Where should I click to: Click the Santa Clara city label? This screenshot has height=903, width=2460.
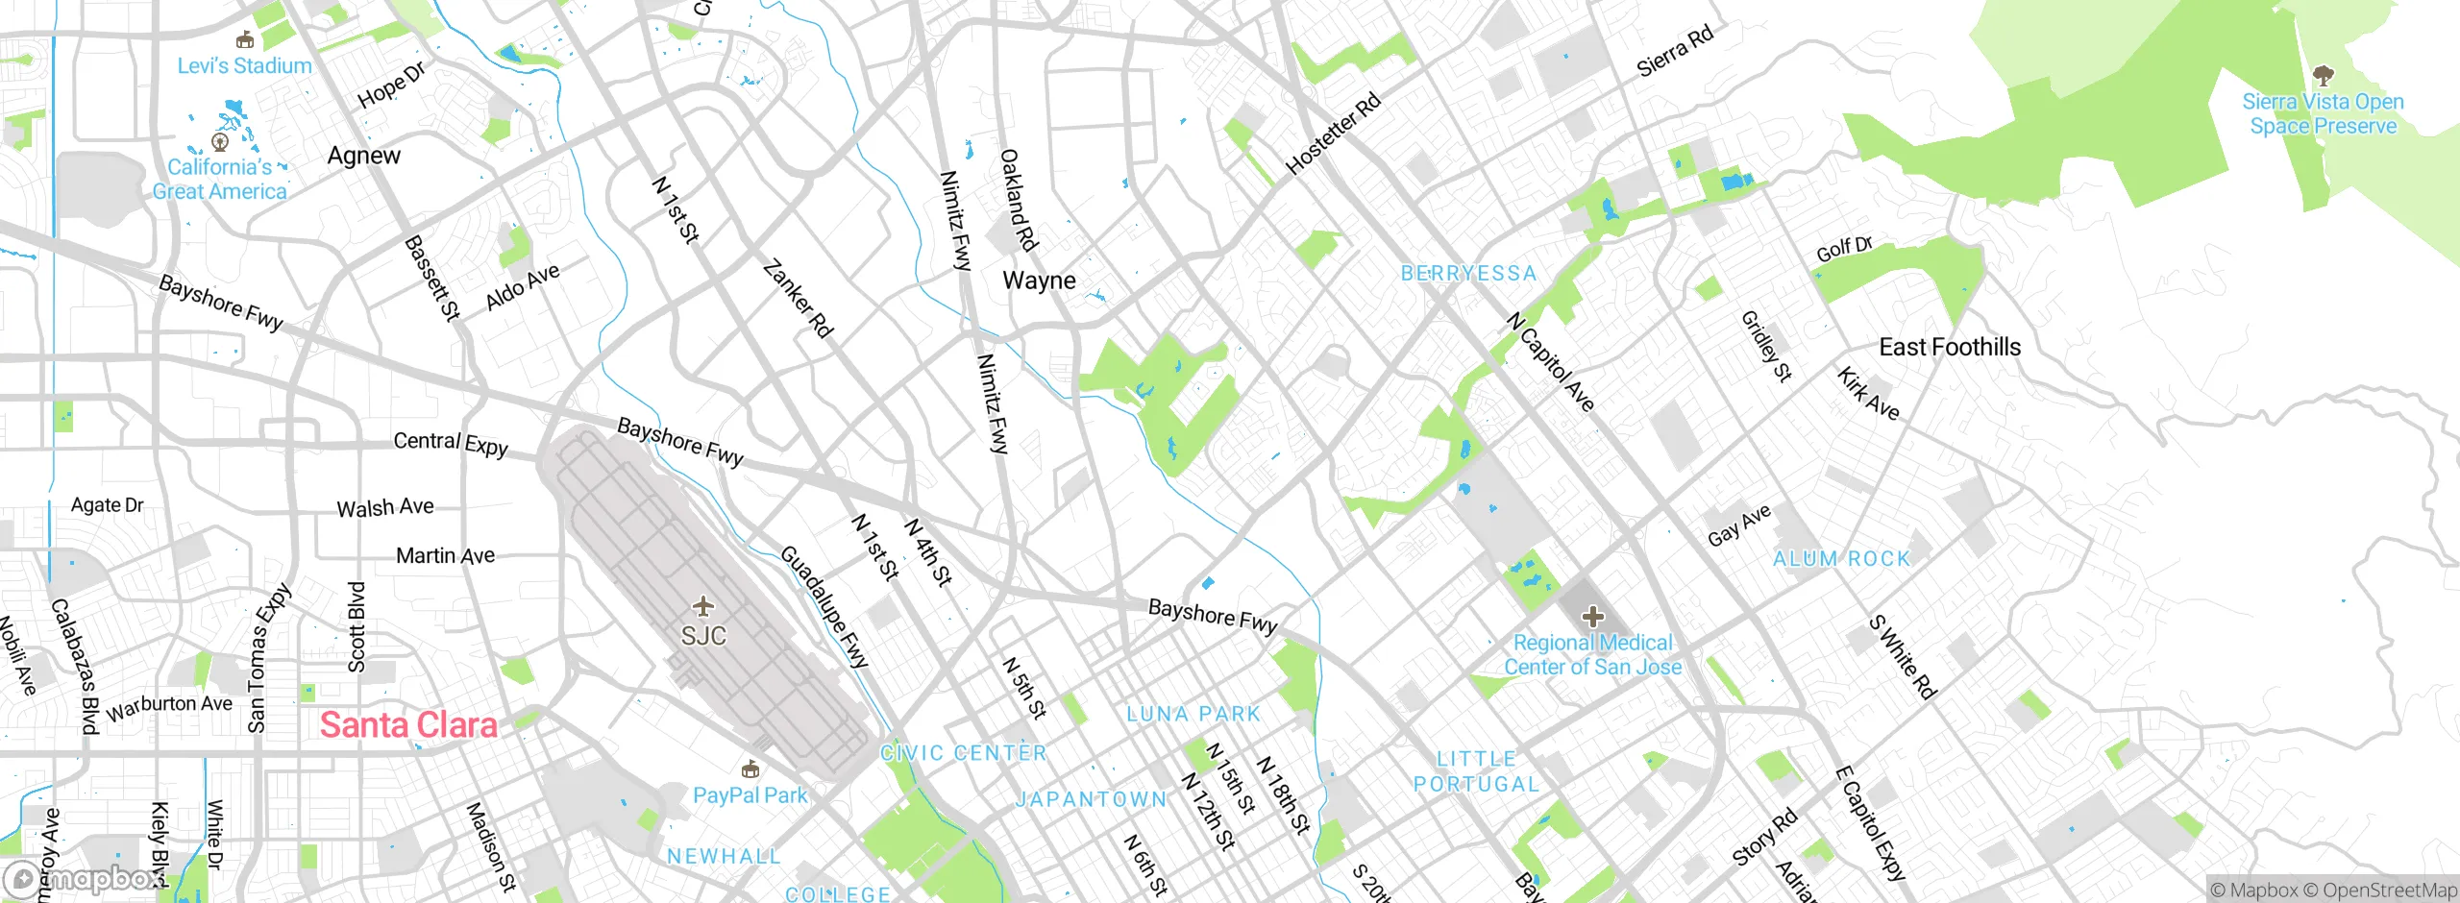pyautogui.click(x=408, y=725)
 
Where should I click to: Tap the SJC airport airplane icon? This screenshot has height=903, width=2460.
pyautogui.click(x=703, y=606)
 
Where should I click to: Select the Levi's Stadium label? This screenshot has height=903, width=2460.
pyautogui.click(x=244, y=65)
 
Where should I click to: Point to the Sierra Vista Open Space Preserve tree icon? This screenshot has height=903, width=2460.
pyautogui.click(x=2323, y=75)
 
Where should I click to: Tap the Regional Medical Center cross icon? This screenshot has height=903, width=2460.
pyautogui.click(x=1592, y=617)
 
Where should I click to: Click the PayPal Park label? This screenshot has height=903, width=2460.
pyautogui.click(x=750, y=795)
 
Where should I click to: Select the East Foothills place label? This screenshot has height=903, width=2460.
pyautogui.click(x=1950, y=347)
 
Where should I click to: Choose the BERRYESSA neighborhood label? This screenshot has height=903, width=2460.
pyautogui.click(x=1468, y=273)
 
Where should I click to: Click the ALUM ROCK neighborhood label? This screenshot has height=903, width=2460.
pyautogui.click(x=1841, y=559)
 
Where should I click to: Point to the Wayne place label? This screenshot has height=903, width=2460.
pyautogui.click(x=1039, y=281)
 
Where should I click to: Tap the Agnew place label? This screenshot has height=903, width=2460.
pyautogui.click(x=363, y=156)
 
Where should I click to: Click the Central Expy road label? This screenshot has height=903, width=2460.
pyautogui.click(x=451, y=443)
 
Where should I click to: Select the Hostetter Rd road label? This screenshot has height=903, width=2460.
pyautogui.click(x=1333, y=134)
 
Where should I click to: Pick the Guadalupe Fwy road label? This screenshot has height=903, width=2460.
pyautogui.click(x=824, y=606)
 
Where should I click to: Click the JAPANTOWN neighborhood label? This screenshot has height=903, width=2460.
pyautogui.click(x=1092, y=799)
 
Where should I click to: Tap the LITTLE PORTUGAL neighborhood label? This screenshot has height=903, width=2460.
pyautogui.click(x=1476, y=771)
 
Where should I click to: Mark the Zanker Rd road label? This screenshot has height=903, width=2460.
pyautogui.click(x=798, y=299)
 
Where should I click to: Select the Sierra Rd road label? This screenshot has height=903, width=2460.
pyautogui.click(x=1675, y=51)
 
